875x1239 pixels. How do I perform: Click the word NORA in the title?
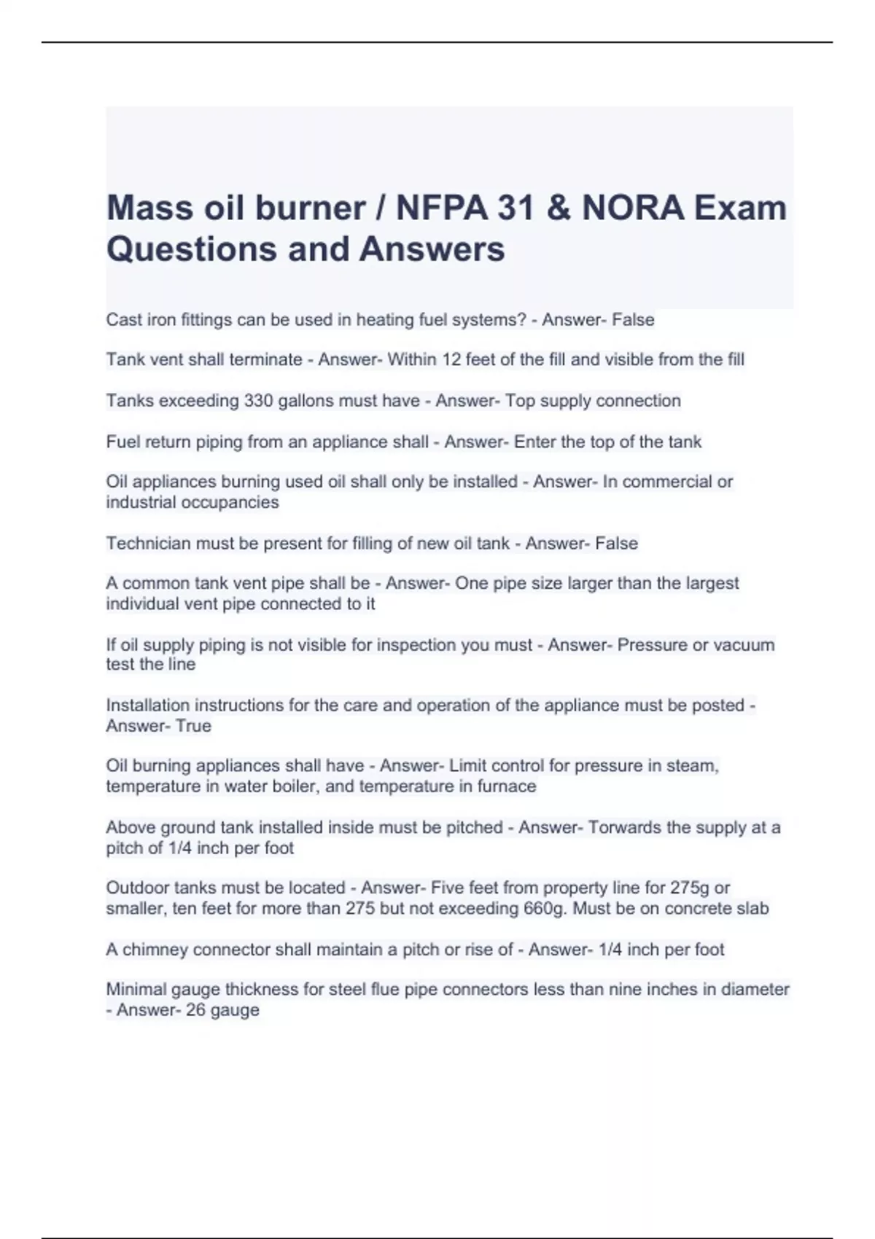633,208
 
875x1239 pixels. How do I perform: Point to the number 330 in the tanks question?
258,401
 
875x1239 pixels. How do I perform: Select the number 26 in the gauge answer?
196,1010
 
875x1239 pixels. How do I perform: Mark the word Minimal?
136,990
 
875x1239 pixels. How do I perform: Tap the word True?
193,726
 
